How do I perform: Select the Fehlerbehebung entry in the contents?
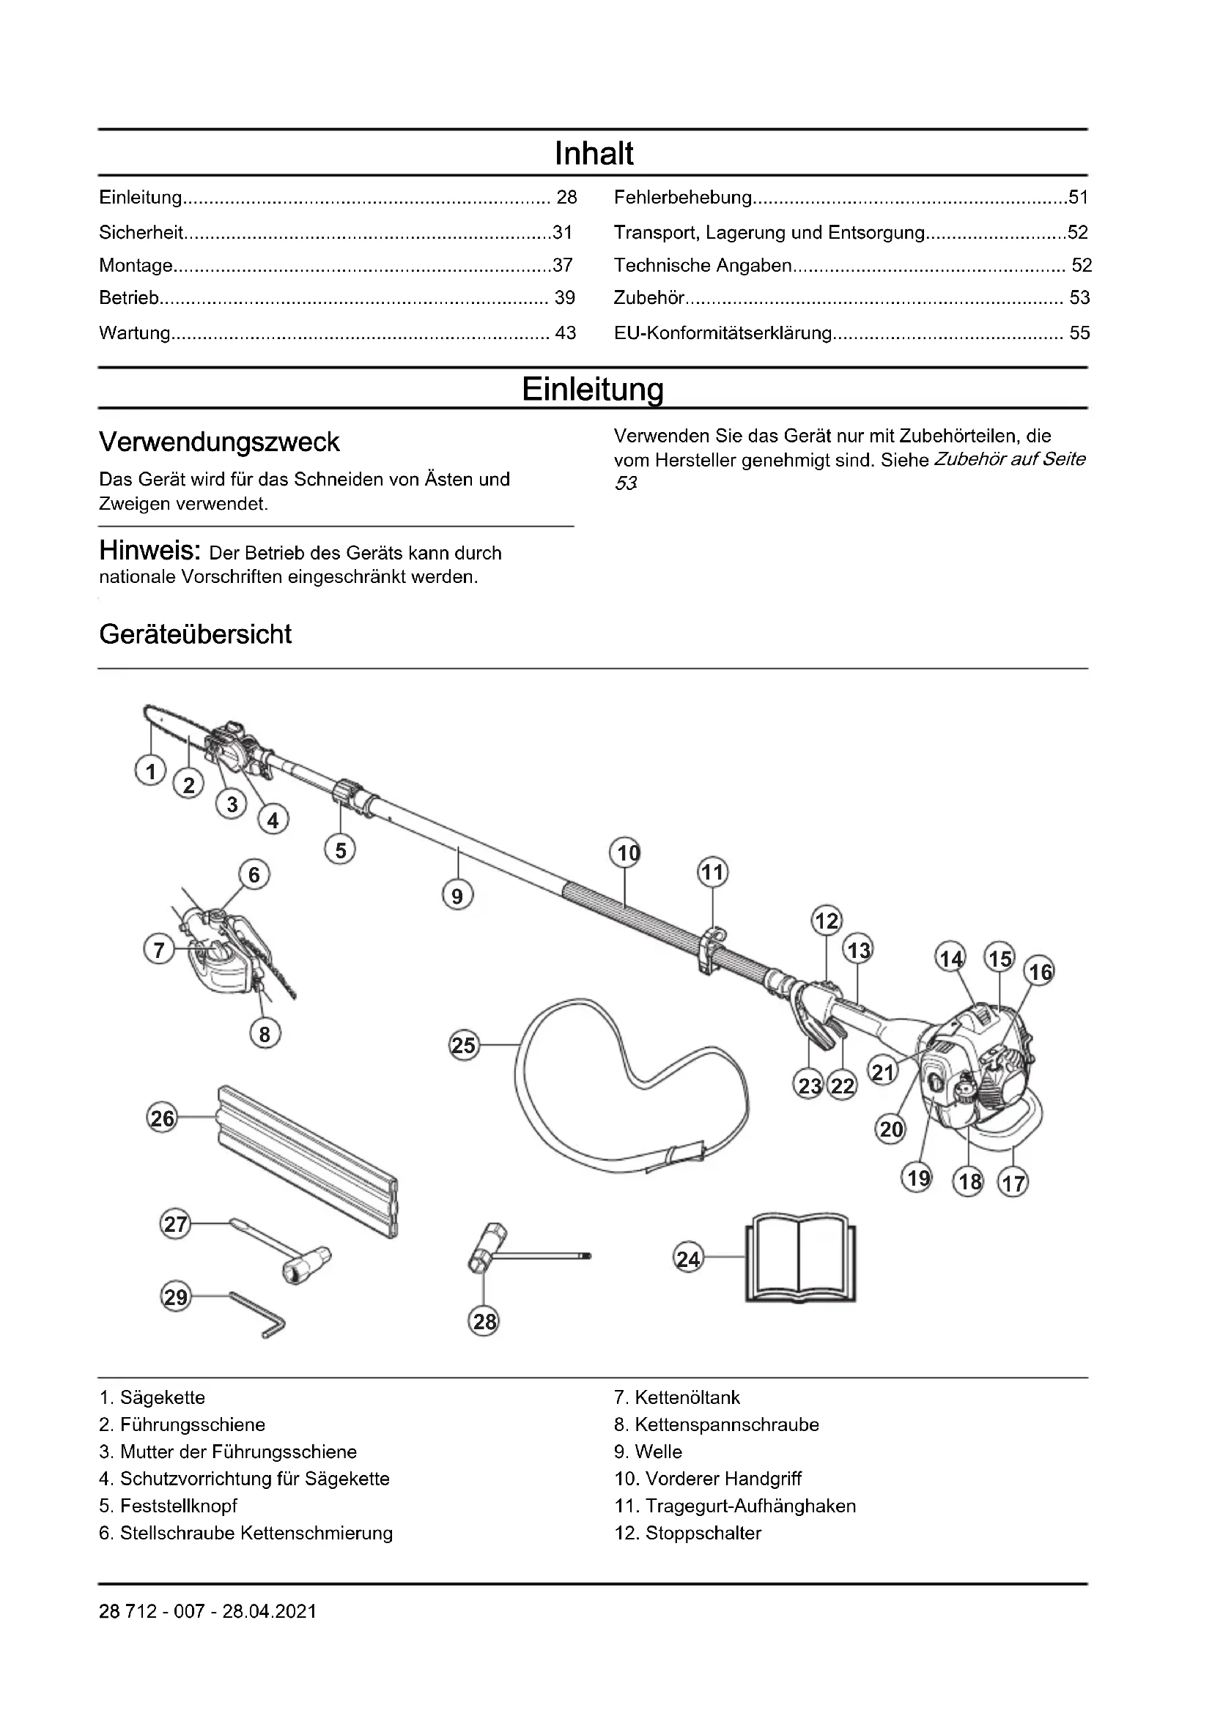(682, 198)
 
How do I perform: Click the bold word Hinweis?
(149, 551)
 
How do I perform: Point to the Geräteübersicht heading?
(195, 634)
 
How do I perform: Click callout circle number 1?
(151, 770)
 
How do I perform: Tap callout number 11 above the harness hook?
(713, 872)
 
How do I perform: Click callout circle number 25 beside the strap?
(463, 1045)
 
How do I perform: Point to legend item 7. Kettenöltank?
(677, 1397)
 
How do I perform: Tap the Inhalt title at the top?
(594, 154)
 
